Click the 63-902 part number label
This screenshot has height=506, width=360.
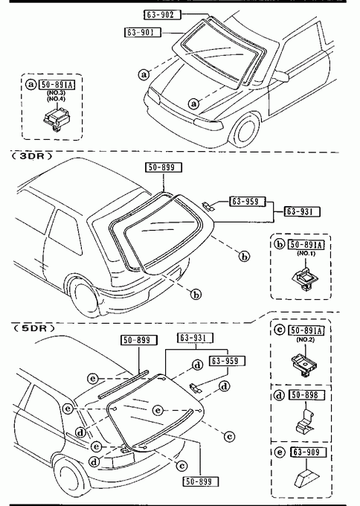[162, 15]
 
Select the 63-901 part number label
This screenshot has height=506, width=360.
[143, 32]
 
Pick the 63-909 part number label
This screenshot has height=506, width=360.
[309, 452]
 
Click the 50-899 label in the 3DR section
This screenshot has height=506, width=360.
[163, 167]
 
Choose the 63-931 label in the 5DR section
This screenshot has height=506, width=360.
[196, 338]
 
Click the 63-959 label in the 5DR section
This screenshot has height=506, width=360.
[227, 361]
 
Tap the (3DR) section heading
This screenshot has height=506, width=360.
[32, 156]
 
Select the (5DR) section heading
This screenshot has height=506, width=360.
[33, 328]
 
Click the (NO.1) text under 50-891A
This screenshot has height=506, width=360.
[306, 254]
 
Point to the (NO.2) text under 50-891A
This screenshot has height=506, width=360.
[306, 339]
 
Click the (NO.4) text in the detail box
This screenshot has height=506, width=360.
[57, 99]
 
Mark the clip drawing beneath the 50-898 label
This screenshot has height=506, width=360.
[304, 421]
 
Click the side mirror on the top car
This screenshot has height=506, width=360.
[281, 76]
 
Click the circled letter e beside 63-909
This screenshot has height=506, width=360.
[280, 452]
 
